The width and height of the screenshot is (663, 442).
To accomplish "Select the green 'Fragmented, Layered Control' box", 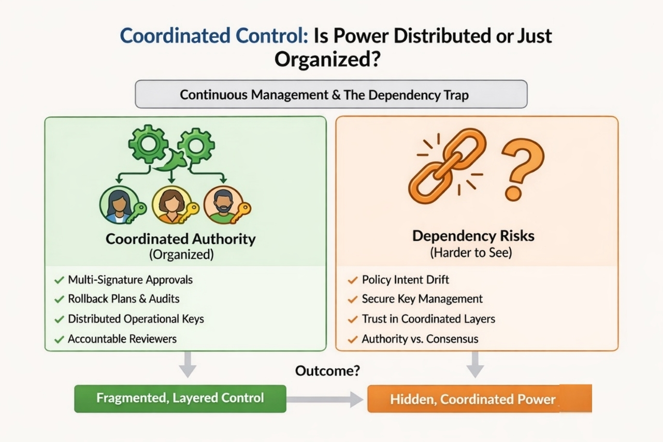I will pyautogui.click(x=180, y=398).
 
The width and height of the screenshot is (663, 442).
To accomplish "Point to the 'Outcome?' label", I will pyautogui.click(x=327, y=371).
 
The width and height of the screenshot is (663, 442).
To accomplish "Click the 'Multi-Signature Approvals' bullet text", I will pyautogui.click(x=130, y=280).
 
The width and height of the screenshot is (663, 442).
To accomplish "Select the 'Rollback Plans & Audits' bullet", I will pyautogui.click(x=124, y=299).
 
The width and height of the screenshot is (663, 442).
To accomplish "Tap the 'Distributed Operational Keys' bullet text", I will pyautogui.click(x=136, y=319).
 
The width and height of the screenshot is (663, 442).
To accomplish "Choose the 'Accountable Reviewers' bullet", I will pyautogui.click(x=122, y=339).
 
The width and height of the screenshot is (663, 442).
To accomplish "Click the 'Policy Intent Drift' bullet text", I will pyautogui.click(x=405, y=280).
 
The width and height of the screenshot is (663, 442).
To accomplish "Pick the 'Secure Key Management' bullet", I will pyautogui.click(x=422, y=299).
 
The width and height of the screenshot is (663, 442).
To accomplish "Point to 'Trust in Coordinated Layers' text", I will pyautogui.click(x=428, y=319).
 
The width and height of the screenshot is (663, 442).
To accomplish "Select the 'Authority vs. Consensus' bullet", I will pyautogui.click(x=420, y=339).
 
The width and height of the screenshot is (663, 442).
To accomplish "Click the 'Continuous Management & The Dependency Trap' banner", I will pyautogui.click(x=331, y=94).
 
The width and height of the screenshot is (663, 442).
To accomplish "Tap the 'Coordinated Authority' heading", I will pyautogui.click(x=181, y=239).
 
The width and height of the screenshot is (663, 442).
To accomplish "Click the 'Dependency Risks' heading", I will pyautogui.click(x=473, y=236).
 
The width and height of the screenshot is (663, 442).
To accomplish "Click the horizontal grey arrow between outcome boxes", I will pyautogui.click(x=325, y=399).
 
